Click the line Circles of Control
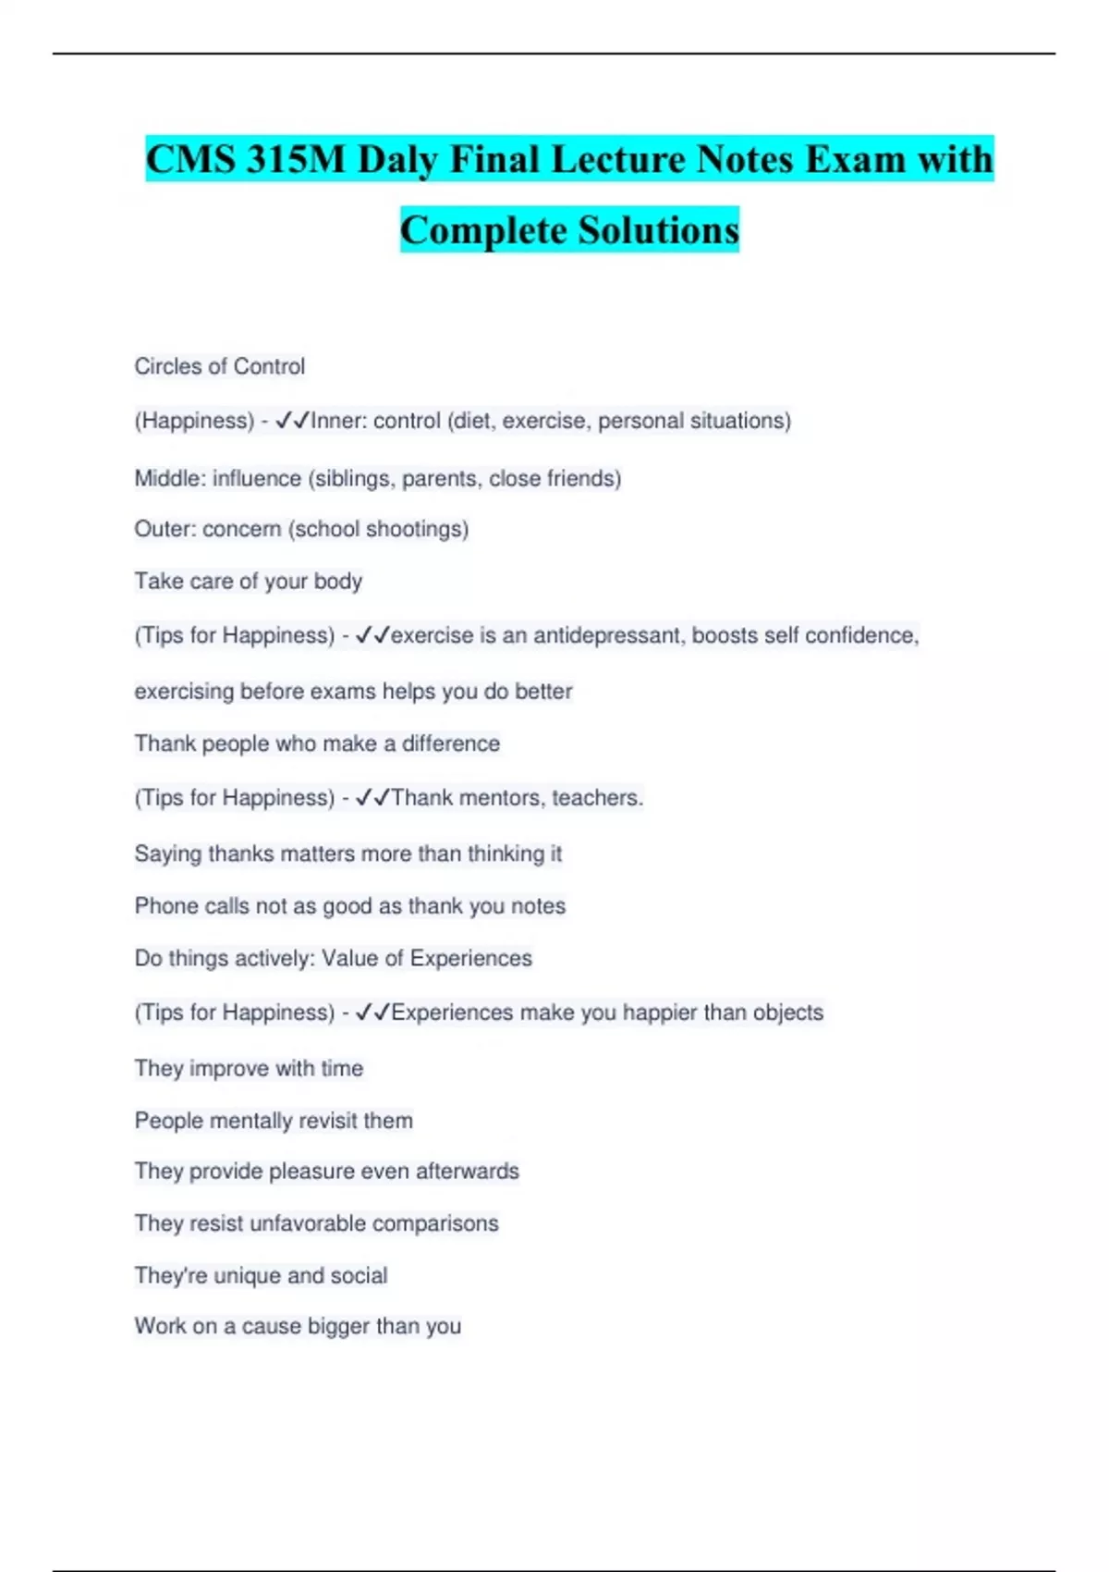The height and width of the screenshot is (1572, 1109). pos(220,366)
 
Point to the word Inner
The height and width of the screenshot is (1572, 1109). pos(338,421)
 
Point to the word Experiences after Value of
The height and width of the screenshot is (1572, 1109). pos(470,958)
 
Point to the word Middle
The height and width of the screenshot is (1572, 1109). pos(170,479)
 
